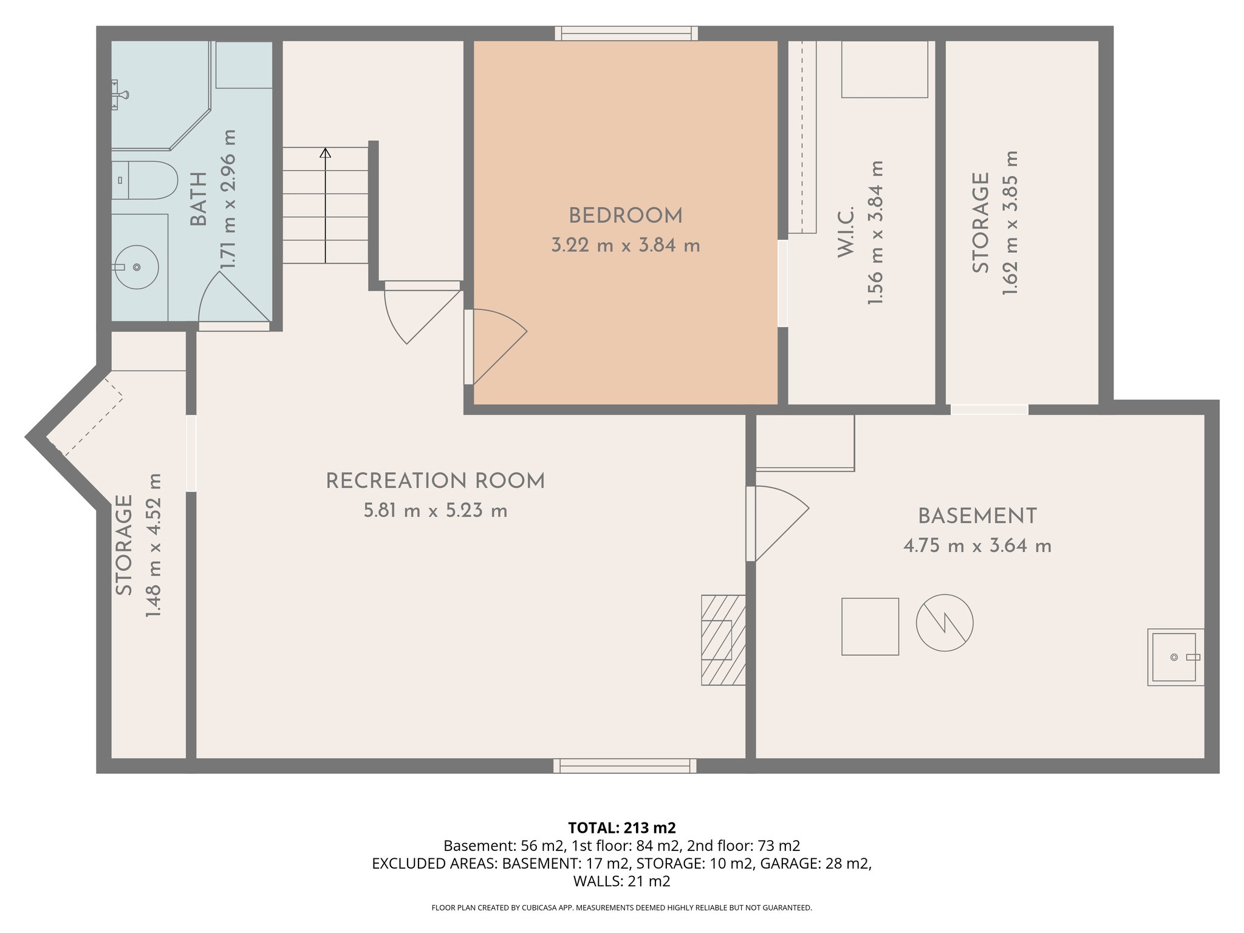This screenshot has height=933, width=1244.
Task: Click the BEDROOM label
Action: (625, 216)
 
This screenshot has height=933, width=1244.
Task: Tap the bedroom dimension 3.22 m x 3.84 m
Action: (625, 246)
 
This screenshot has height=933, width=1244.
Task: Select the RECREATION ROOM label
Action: (435, 481)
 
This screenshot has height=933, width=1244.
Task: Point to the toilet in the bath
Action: (146, 180)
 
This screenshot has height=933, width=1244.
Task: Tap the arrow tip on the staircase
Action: (325, 152)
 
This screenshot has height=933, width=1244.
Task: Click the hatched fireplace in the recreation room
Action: (723, 640)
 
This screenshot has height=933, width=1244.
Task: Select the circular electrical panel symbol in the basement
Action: (944, 623)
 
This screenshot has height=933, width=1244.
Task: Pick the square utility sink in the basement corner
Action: (1174, 657)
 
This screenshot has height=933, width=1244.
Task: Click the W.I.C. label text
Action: (846, 231)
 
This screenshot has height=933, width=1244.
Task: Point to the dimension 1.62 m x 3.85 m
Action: (1010, 223)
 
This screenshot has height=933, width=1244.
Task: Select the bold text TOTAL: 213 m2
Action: (621, 827)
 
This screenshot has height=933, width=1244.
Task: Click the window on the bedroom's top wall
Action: (626, 33)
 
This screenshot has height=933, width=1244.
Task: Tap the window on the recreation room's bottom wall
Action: (624, 765)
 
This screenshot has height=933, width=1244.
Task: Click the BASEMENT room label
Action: (977, 516)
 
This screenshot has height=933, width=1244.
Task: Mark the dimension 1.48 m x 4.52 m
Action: (154, 545)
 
